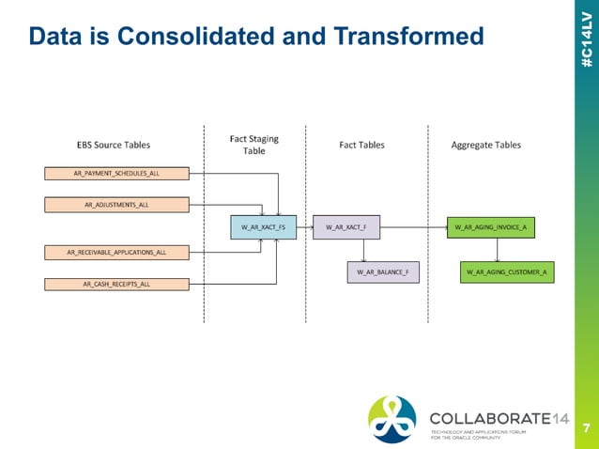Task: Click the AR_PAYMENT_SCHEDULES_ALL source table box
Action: [116, 173]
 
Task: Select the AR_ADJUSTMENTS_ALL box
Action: [116, 204]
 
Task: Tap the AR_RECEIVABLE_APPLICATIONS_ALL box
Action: [116, 252]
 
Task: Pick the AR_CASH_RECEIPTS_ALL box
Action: [116, 283]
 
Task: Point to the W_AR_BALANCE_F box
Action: [384, 272]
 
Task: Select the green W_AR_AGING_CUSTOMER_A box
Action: [507, 272]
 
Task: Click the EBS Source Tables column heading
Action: [114, 146]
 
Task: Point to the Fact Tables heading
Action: [361, 146]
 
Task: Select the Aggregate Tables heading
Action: [486, 146]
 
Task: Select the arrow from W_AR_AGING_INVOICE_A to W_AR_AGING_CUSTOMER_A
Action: [498, 249]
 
